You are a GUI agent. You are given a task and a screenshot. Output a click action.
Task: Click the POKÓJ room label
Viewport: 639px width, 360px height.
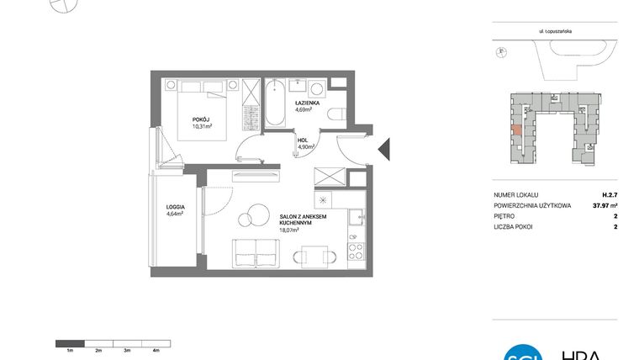[200, 119]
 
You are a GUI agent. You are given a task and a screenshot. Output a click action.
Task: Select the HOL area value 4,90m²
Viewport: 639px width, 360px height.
[305, 147]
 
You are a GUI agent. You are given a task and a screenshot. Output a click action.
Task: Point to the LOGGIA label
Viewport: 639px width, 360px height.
[175, 206]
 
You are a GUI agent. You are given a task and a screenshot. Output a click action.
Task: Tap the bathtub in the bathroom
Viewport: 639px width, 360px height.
[275, 103]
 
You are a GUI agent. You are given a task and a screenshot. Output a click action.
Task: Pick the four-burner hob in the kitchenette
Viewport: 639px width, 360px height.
[355, 251]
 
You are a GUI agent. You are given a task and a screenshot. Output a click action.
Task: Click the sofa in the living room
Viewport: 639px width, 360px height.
[255, 252]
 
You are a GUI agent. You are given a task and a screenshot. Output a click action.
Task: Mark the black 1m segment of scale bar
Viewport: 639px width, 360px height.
[70, 342]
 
